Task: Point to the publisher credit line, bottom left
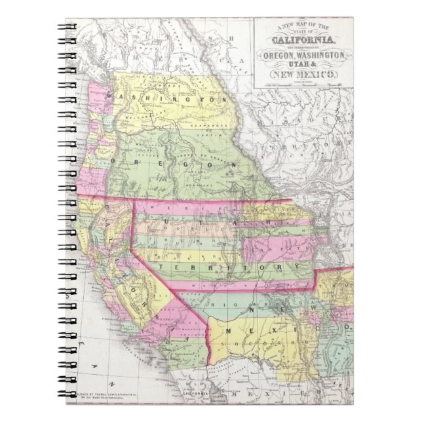115,394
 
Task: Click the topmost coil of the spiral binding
68,28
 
